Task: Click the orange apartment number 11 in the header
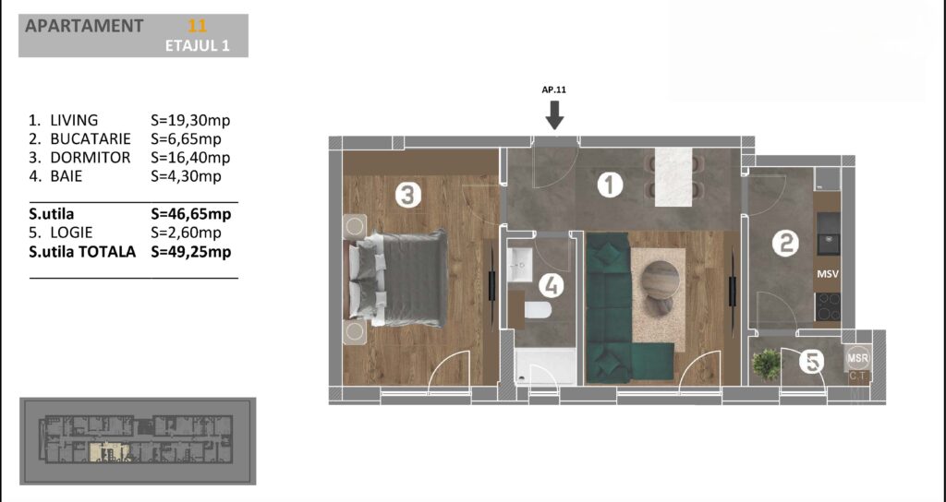coord(198,26)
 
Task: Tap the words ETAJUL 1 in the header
coord(198,46)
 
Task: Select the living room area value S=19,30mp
coord(190,121)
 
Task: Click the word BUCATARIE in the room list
coord(91,139)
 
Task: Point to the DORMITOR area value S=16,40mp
coord(190,158)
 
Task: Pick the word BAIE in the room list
coord(67,176)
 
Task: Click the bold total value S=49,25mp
coord(190,251)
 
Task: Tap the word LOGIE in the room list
coord(72,233)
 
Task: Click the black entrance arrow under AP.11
coord(554,115)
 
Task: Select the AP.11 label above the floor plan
coord(554,90)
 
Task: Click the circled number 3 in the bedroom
coord(407,196)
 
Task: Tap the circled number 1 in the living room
coord(610,185)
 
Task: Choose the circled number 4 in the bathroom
coord(551,285)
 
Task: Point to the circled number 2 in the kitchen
coord(785,244)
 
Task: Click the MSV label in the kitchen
coord(828,274)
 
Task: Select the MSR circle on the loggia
coord(858,358)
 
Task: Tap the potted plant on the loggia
coord(766,365)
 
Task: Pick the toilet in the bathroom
coord(538,310)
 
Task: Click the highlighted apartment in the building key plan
coord(109,452)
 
